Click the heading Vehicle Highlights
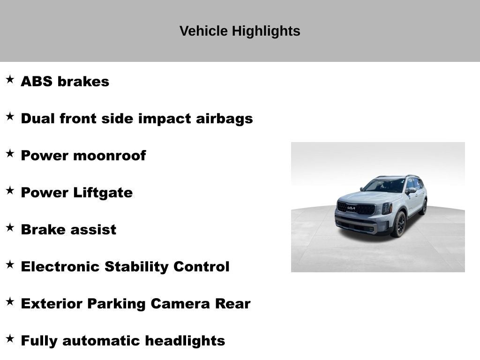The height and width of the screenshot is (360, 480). (x=240, y=31)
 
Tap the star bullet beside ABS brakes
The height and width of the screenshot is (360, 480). (x=10, y=79)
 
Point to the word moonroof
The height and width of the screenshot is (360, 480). (x=109, y=156)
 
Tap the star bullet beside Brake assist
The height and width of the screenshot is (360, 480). (x=10, y=227)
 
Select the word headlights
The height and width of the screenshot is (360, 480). (x=184, y=341)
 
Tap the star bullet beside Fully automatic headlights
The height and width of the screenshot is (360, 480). (x=10, y=338)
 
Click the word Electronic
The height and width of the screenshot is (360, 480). (x=60, y=267)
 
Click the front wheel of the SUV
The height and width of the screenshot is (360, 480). (x=399, y=225)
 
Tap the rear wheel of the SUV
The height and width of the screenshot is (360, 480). (x=424, y=207)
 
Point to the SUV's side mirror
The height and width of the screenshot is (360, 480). (x=411, y=191)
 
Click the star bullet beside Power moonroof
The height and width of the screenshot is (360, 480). (x=10, y=153)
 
